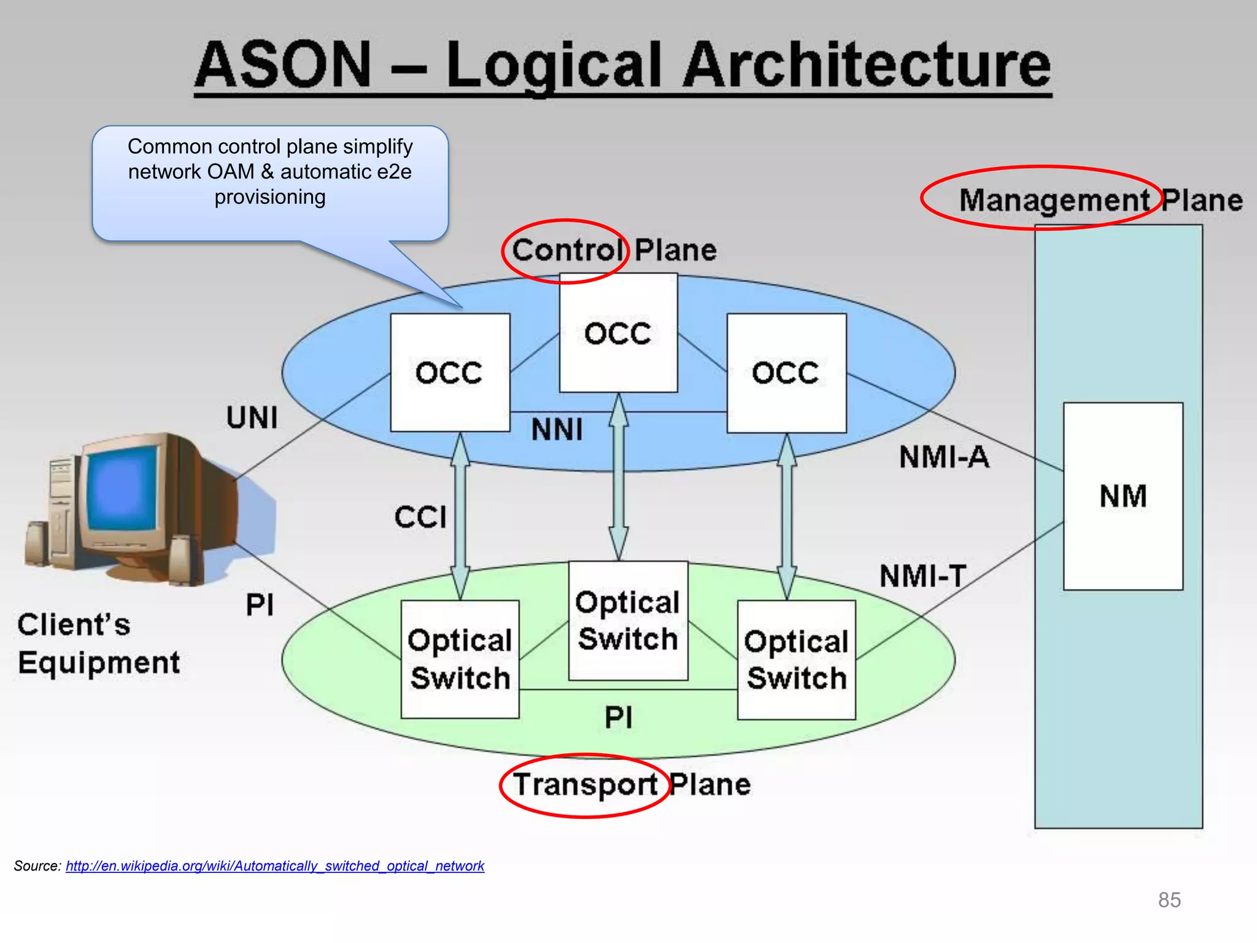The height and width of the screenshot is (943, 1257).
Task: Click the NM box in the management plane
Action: click(x=1123, y=496)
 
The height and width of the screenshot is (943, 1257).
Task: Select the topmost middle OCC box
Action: click(x=618, y=333)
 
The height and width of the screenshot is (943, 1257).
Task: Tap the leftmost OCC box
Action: click(x=450, y=373)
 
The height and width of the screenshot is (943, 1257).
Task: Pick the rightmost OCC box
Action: click(x=786, y=373)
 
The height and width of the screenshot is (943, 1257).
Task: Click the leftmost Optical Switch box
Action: click(x=460, y=659)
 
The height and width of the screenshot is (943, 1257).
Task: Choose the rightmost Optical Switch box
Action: click(x=796, y=659)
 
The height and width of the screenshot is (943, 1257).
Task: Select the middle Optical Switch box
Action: click(x=628, y=620)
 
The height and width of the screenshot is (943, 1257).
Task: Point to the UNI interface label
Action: click(x=252, y=418)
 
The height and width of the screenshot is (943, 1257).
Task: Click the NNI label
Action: click(x=557, y=429)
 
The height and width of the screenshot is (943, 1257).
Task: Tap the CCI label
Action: click(x=420, y=517)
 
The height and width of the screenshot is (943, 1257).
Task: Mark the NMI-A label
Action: click(x=944, y=457)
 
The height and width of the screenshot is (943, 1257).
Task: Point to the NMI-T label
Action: click(x=922, y=576)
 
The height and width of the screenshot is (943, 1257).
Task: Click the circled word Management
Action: click(x=1053, y=200)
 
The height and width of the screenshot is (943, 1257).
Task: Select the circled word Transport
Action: click(x=585, y=785)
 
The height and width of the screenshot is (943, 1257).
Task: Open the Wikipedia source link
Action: click(x=275, y=866)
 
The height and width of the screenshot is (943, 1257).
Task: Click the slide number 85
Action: click(x=1169, y=900)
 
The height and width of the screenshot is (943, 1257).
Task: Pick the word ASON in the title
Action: click(x=284, y=65)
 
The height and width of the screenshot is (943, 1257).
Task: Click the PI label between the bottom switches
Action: click(x=618, y=717)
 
